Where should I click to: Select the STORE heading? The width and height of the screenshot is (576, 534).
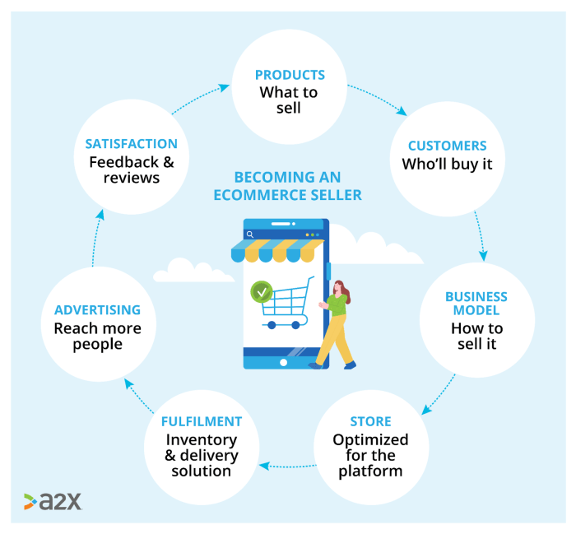[x=370, y=422]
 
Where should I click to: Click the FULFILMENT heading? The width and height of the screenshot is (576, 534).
[x=202, y=422]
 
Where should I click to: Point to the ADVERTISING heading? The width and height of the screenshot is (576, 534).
[x=97, y=310]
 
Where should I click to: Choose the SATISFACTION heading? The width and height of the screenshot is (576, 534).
[x=132, y=144]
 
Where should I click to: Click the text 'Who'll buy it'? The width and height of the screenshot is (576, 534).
[x=447, y=164]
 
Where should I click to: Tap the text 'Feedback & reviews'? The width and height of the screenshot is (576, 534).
[x=132, y=169]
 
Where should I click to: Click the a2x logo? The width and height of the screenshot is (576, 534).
[x=53, y=501]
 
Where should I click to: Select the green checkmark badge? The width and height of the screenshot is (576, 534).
[x=262, y=291]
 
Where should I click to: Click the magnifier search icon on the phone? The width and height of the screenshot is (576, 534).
[x=250, y=234]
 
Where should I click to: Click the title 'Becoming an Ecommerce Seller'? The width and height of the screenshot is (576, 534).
[x=287, y=186]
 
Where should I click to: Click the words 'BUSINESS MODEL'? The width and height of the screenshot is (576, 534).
[x=476, y=304]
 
